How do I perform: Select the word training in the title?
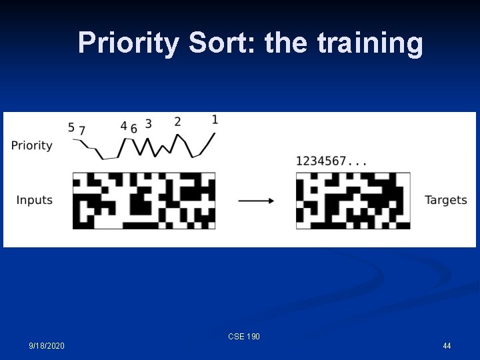(370, 43)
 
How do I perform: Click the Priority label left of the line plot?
(31, 145)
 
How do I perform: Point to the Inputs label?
(34, 200)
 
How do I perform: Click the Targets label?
(445, 200)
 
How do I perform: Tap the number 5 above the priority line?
(71, 127)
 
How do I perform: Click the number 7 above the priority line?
(82, 131)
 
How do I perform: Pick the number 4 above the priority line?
(123, 126)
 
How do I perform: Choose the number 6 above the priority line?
(133, 129)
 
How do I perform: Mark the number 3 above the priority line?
(148, 124)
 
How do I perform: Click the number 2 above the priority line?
(177, 121)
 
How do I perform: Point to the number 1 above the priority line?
(214, 119)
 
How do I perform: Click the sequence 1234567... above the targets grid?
(331, 161)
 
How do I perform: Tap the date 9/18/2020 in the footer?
(47, 346)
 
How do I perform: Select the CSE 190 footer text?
(244, 337)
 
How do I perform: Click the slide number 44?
(447, 346)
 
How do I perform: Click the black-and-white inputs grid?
(144, 200)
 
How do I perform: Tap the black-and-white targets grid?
(353, 200)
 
